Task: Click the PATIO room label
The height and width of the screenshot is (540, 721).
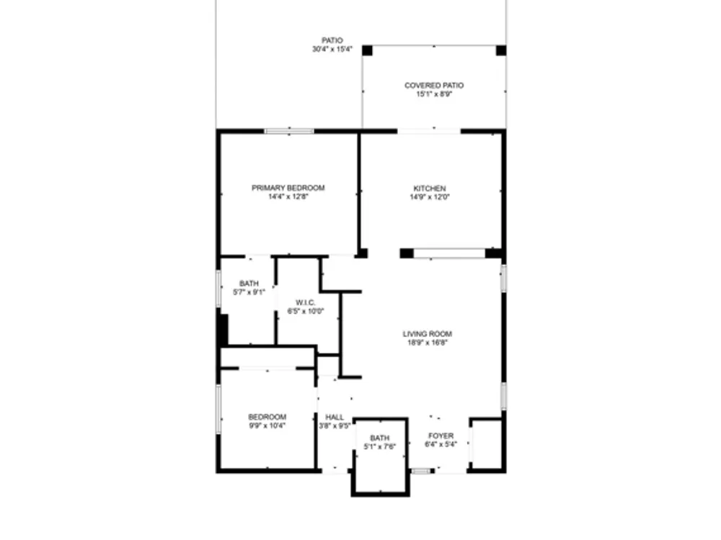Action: click(332, 40)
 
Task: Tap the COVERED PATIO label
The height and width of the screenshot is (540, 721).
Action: click(434, 86)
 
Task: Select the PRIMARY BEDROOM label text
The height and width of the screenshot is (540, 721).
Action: click(288, 188)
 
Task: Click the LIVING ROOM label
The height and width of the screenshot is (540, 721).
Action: click(427, 334)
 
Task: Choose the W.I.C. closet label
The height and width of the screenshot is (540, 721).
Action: click(305, 302)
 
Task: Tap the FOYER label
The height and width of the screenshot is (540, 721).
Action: click(441, 436)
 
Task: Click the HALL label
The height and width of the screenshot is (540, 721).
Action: click(335, 418)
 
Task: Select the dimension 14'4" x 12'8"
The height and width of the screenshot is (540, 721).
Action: click(288, 197)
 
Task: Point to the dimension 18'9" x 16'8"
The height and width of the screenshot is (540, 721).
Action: click(427, 343)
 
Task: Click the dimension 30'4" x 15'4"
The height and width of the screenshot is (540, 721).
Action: click(332, 49)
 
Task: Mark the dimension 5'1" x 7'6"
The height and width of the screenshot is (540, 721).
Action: click(380, 446)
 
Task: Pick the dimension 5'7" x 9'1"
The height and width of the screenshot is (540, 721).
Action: click(249, 292)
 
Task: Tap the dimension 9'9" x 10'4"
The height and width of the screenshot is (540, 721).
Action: click(267, 426)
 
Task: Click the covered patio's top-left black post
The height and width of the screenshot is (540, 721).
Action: click(367, 50)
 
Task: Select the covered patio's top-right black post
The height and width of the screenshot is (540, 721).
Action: click(501, 50)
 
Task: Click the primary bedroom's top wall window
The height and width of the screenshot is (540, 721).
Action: click(289, 131)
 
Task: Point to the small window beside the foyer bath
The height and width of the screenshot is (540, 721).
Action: click(421, 471)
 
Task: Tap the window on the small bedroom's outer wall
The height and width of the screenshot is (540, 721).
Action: click(219, 409)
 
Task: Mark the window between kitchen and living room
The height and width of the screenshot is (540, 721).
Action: click(449, 253)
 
